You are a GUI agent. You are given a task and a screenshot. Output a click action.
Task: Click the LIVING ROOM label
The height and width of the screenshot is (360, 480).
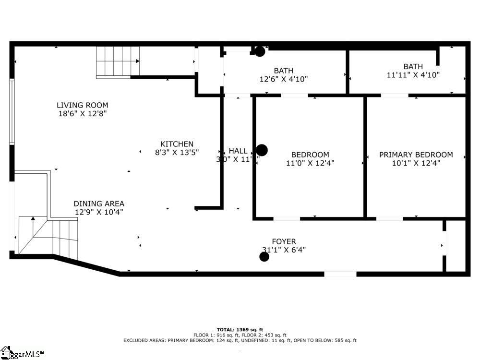82,105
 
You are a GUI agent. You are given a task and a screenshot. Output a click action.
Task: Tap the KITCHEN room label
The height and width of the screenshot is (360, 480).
177,144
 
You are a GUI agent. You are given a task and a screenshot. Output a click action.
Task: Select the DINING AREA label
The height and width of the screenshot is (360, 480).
99,204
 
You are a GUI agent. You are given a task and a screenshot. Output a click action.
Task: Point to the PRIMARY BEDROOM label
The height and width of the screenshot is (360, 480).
416,155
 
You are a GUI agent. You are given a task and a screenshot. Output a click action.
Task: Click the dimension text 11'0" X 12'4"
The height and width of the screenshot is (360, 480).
310,163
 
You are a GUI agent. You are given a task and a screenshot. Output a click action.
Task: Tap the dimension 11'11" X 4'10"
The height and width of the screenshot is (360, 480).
413,75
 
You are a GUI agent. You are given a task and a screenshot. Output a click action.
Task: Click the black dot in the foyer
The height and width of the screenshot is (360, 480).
264,257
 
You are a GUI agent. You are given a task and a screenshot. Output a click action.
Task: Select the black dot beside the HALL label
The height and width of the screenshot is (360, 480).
262,150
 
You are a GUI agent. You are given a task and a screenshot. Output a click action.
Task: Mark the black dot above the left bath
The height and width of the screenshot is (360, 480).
260,51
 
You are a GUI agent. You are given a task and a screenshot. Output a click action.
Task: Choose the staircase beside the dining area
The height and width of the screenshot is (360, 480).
48,235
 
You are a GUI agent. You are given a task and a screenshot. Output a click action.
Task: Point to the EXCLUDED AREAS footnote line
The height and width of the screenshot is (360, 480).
240,340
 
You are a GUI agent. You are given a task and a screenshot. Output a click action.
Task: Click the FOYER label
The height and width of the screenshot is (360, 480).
284,241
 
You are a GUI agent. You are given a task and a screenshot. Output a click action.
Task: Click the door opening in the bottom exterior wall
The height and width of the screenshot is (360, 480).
340,274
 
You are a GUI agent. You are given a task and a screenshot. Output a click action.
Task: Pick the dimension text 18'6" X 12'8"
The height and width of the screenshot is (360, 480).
82,114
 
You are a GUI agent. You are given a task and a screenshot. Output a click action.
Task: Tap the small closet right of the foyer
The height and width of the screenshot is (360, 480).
456,246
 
